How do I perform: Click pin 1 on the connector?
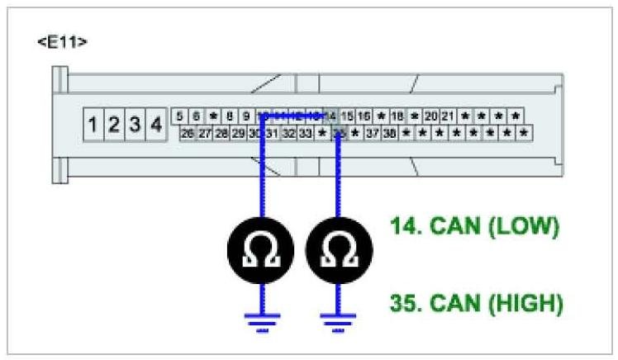[93, 126]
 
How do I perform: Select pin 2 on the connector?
[114, 126]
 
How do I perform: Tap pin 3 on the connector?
[135, 126]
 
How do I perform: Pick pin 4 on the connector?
[155, 126]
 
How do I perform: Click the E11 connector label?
[62, 42]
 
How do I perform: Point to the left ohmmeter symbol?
[261, 250]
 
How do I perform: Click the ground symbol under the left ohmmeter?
[261, 323]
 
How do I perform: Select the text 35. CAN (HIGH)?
[477, 303]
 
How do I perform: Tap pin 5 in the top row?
[180, 116]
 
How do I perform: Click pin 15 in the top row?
[347, 116]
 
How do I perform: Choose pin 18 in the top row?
[397, 116]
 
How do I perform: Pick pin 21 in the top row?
[448, 116]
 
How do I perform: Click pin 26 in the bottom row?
[188, 132]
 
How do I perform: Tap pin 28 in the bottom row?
[221, 132]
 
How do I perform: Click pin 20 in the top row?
[431, 116]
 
